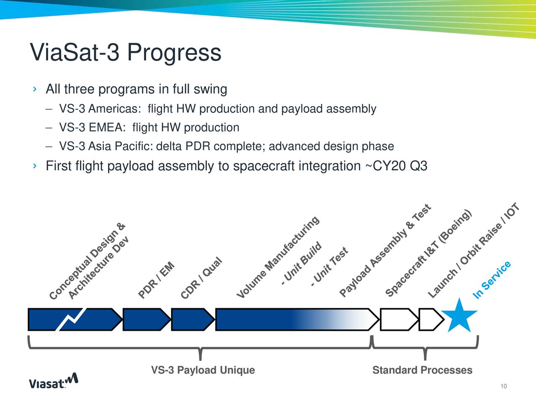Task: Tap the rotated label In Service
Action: click(x=492, y=280)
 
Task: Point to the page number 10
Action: click(x=503, y=386)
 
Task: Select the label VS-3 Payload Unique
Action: click(x=203, y=370)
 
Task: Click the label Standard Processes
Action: click(x=422, y=370)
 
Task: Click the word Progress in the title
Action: click(x=174, y=53)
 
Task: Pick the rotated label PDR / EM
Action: click(x=156, y=280)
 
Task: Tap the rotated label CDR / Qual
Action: click(x=201, y=278)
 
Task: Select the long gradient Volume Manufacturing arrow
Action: click(x=293, y=320)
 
